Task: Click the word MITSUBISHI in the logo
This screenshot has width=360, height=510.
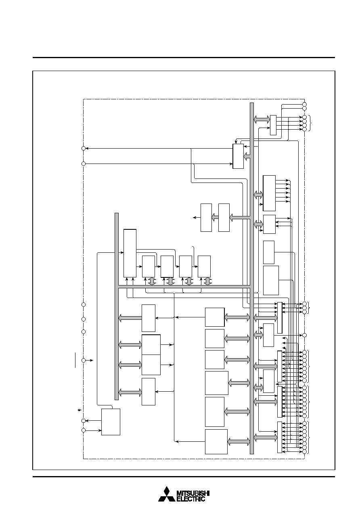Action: click(x=193, y=493)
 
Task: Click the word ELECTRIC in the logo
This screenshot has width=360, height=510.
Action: click(x=191, y=499)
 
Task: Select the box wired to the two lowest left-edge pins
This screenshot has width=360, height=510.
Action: click(x=111, y=422)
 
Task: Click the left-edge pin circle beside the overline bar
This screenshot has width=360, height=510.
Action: click(x=84, y=361)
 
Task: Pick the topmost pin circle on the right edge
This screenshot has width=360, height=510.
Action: click(x=304, y=105)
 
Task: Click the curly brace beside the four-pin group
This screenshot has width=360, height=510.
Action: click(x=310, y=123)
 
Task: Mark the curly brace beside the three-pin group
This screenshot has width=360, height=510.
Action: click(x=309, y=308)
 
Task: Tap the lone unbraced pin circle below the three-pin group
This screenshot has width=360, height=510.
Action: click(x=304, y=335)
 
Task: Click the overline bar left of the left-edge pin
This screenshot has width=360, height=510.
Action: click(x=75, y=360)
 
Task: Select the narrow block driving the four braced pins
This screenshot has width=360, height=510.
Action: click(x=273, y=125)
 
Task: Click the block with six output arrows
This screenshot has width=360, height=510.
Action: click(x=269, y=193)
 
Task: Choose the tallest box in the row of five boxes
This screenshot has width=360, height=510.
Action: click(x=130, y=253)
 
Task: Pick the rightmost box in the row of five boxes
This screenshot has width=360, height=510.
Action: click(x=204, y=267)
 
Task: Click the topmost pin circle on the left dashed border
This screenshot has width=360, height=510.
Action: click(x=84, y=149)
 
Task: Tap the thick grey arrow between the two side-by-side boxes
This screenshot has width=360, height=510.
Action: click(x=215, y=217)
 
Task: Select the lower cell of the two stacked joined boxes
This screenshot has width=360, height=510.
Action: click(x=151, y=365)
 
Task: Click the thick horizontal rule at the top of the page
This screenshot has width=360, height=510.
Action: click(x=184, y=58)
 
